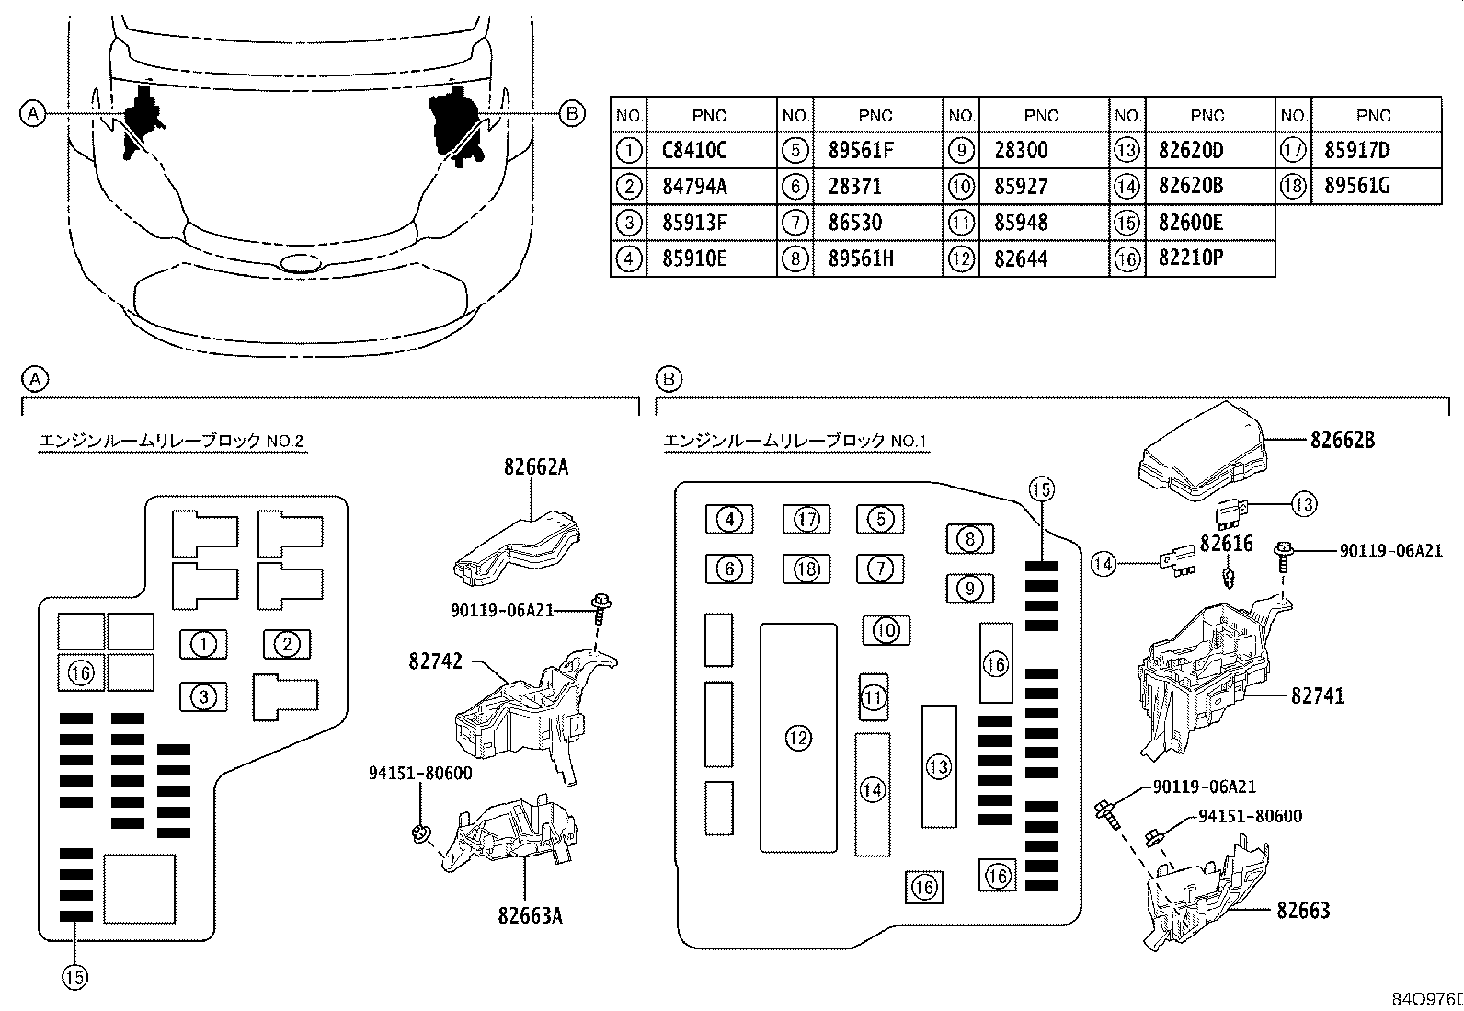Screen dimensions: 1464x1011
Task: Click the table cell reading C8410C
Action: point(694,150)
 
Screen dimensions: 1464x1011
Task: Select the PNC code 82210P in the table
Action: point(1190,258)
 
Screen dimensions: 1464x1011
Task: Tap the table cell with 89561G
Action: point(1356,187)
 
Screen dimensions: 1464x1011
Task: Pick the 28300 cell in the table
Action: point(1021,150)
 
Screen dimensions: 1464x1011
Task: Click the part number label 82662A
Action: point(536,467)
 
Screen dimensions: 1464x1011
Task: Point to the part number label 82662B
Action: point(1343,440)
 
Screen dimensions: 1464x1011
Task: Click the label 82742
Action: point(435,661)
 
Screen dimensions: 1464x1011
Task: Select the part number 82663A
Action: point(530,916)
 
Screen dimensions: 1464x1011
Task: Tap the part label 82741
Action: point(1318,695)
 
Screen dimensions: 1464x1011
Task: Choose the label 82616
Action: point(1226,544)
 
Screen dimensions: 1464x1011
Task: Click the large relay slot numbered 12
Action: point(798,738)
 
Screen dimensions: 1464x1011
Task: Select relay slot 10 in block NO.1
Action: point(886,630)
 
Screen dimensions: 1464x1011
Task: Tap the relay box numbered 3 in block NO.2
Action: point(203,697)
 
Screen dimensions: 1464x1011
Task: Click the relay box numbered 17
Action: point(806,519)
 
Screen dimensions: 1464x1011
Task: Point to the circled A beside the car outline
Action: point(33,114)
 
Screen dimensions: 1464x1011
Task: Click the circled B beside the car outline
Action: point(572,114)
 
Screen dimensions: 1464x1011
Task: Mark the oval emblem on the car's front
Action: point(301,263)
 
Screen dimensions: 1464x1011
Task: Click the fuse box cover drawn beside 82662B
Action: point(1203,451)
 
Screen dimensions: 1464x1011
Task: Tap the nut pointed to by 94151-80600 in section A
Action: point(420,833)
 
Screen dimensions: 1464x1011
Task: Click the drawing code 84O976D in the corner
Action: point(1427,999)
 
